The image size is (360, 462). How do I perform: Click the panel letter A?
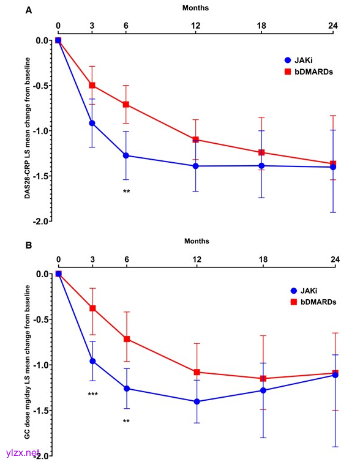[x=29, y=10]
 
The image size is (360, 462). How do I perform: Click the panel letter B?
[x=29, y=245]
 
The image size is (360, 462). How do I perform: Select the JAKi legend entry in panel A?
[x=298, y=60]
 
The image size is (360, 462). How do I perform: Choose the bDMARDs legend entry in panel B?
[x=313, y=302]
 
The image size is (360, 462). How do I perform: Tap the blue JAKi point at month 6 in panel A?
[x=126, y=155]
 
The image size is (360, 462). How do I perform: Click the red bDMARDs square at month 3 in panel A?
[x=92, y=86]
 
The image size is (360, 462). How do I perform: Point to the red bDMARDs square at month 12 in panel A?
[x=195, y=140]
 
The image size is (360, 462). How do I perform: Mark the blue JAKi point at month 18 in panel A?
[x=261, y=166]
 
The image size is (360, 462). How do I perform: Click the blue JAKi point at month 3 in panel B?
[x=92, y=361]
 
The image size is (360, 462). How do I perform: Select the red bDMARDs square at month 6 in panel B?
[x=127, y=339]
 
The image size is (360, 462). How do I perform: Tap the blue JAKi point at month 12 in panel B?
[x=197, y=401]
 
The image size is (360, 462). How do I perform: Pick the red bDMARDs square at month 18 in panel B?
[x=263, y=379]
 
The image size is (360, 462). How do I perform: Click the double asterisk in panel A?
[x=126, y=191]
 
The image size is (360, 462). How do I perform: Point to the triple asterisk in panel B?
[x=93, y=394]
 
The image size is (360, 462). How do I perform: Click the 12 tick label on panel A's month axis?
[x=195, y=26]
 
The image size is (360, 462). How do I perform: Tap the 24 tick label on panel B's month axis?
[x=335, y=259]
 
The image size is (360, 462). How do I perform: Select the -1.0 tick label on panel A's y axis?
[x=42, y=131]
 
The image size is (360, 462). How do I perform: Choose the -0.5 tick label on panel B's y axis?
[x=42, y=319]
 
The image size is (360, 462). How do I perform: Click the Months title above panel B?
[x=197, y=241]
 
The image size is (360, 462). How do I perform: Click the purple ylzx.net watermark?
[x=23, y=452]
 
